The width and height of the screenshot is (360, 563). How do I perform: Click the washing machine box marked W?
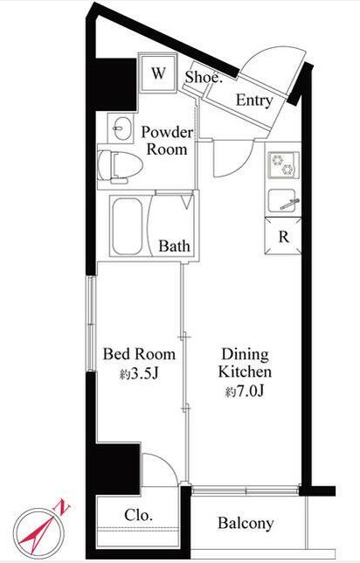pyautogui.click(x=158, y=73)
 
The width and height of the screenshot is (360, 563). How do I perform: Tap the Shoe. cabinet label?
pyautogui.click(x=204, y=77)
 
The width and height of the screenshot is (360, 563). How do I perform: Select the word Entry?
pyautogui.click(x=254, y=101)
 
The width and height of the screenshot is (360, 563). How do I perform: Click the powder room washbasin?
pyautogui.click(x=121, y=129)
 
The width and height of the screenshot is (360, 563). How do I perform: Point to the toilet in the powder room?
pyautogui.click(x=120, y=167)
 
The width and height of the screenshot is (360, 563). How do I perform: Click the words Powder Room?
pyautogui.click(x=167, y=141)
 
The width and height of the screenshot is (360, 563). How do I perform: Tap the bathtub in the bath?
pyautogui.click(x=127, y=226)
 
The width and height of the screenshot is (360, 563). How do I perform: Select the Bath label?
pyautogui.click(x=174, y=246)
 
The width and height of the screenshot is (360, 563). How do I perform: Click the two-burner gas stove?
pyautogui.click(x=283, y=165)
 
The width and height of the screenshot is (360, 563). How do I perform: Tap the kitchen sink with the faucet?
pyautogui.click(x=282, y=201)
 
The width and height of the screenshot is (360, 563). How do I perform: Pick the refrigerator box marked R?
pyautogui.click(x=283, y=236)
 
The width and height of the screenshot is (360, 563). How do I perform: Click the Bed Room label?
pyautogui.click(x=139, y=354)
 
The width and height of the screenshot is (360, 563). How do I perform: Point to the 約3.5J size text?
pyautogui.click(x=139, y=374)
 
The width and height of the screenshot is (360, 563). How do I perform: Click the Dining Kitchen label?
pyautogui.click(x=246, y=363)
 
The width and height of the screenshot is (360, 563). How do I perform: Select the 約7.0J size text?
pyautogui.click(x=245, y=392)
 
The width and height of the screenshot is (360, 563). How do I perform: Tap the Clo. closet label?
pyautogui.click(x=139, y=515)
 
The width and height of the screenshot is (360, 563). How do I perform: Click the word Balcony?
pyautogui.click(x=246, y=523)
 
